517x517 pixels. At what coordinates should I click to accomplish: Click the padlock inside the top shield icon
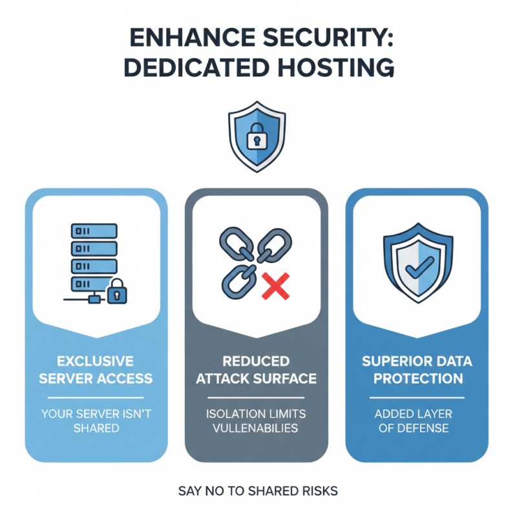click(256, 136)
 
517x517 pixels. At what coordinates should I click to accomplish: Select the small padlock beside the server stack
click(117, 291)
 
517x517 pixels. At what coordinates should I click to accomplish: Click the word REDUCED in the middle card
click(257, 360)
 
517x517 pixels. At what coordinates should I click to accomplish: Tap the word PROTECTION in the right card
click(417, 377)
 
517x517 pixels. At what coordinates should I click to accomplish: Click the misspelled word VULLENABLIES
click(256, 428)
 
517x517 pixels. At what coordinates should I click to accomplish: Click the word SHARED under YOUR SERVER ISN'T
click(96, 428)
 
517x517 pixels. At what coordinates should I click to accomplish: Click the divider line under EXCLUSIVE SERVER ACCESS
click(96, 397)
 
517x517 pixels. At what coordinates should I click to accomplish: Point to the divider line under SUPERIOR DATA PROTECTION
click(417, 397)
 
